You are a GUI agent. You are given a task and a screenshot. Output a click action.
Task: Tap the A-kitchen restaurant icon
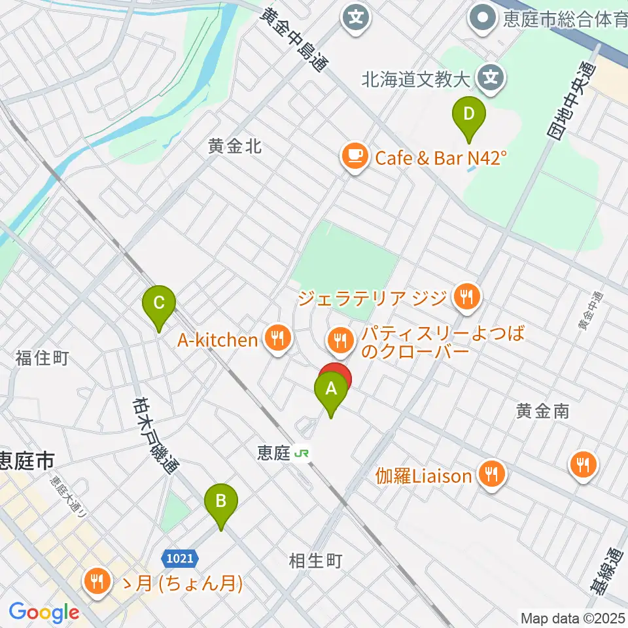coord(277,339)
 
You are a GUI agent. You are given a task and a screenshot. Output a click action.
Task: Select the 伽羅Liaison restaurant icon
coord(491,474)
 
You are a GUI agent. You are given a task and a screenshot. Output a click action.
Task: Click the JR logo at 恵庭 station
coord(302,453)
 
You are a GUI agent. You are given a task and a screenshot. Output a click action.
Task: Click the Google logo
coord(44,613)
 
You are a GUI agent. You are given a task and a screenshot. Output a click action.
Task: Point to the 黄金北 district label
coord(235,147)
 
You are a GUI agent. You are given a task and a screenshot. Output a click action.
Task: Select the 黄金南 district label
coord(542,411)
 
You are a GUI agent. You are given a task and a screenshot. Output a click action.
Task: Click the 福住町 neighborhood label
coord(43,358)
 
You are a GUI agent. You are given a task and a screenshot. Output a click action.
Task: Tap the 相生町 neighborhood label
coord(316,561)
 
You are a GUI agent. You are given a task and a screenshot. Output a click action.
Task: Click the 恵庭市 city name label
coord(27,461)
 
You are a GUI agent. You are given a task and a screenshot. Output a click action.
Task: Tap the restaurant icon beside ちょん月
coord(97,581)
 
